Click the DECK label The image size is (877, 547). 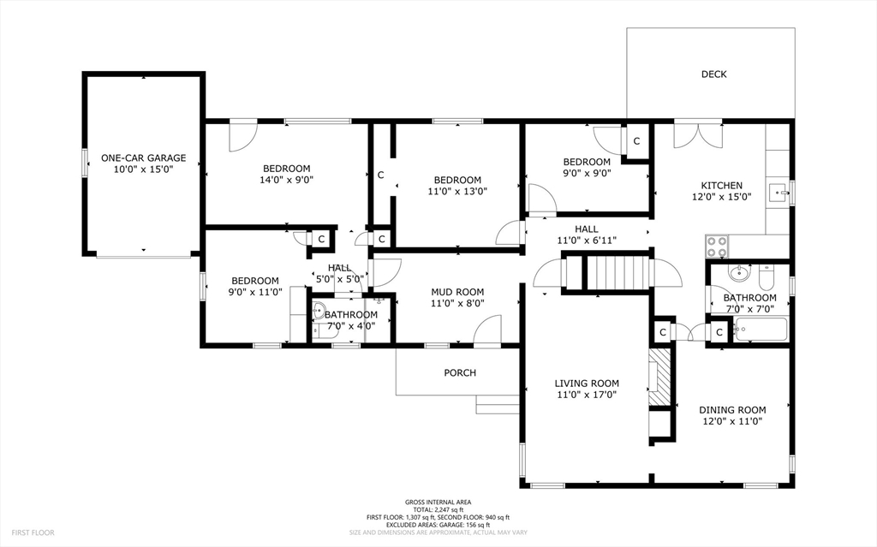pyautogui.click(x=713, y=74)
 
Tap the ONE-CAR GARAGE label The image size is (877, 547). pyautogui.click(x=143, y=158)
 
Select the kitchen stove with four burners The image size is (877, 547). pyautogui.click(x=717, y=246)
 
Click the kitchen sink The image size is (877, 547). pyautogui.click(x=779, y=193)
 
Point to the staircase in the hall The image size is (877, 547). pyautogui.click(x=618, y=273)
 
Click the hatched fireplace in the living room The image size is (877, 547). pyautogui.click(x=659, y=378)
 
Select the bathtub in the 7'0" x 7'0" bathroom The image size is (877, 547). pyautogui.click(x=761, y=330)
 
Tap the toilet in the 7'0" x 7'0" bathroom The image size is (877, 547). pyautogui.click(x=766, y=275)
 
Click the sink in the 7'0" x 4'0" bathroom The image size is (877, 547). pyautogui.click(x=319, y=310)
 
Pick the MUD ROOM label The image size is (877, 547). pyautogui.click(x=457, y=292)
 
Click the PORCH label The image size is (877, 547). pyautogui.click(x=460, y=372)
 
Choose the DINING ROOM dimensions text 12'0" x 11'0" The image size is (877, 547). pyautogui.click(x=733, y=421)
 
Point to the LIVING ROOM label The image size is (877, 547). pyautogui.click(x=587, y=383)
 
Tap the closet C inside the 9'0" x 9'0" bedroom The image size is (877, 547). pyautogui.click(x=636, y=141)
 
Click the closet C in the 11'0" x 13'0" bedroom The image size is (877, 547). pyautogui.click(x=381, y=175)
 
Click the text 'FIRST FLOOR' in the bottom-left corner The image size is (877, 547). pyautogui.click(x=33, y=533)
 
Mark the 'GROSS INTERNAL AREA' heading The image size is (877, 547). pyautogui.click(x=438, y=502)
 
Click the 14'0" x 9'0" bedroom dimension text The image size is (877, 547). pyautogui.click(x=286, y=180)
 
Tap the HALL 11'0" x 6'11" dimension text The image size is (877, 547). pyautogui.click(x=587, y=241)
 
